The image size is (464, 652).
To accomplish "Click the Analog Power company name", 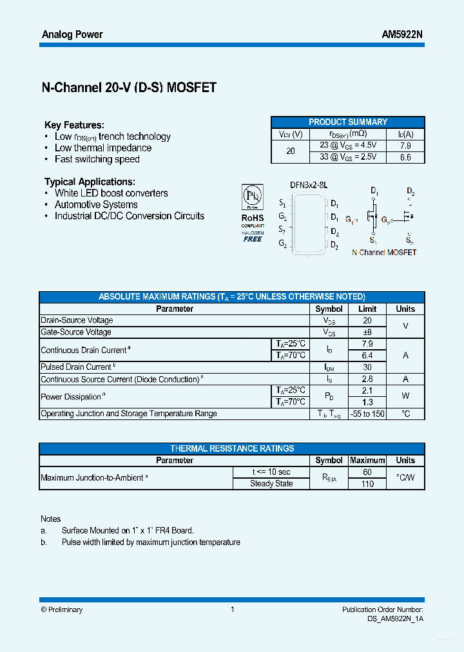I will (x=72, y=34).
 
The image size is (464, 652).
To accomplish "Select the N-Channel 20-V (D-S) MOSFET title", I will (x=129, y=88).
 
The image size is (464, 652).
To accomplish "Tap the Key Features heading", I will (x=74, y=125).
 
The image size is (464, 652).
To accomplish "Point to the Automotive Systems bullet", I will (x=96, y=204).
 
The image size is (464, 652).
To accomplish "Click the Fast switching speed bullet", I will (x=97, y=159).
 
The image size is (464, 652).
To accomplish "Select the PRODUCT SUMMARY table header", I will (x=348, y=122).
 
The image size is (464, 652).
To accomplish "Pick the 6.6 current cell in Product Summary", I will (x=405, y=157).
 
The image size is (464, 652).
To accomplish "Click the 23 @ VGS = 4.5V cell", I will (x=348, y=146).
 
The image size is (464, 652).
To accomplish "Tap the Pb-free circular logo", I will (x=253, y=196).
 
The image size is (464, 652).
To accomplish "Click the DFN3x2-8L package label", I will (x=309, y=184).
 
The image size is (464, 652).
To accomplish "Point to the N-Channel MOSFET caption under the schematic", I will (x=384, y=253).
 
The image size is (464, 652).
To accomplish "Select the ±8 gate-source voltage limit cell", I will (x=367, y=332).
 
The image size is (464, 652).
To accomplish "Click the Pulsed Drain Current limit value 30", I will (x=367, y=367).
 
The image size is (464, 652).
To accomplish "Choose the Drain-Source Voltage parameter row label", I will (x=77, y=320).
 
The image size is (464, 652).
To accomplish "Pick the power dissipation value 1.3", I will (x=367, y=402).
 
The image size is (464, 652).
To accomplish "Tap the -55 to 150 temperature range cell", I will (x=367, y=414).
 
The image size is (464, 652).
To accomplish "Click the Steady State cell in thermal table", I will (x=271, y=483).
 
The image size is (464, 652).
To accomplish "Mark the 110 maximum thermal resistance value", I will (x=367, y=483).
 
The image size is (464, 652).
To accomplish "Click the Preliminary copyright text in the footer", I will (x=62, y=609).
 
